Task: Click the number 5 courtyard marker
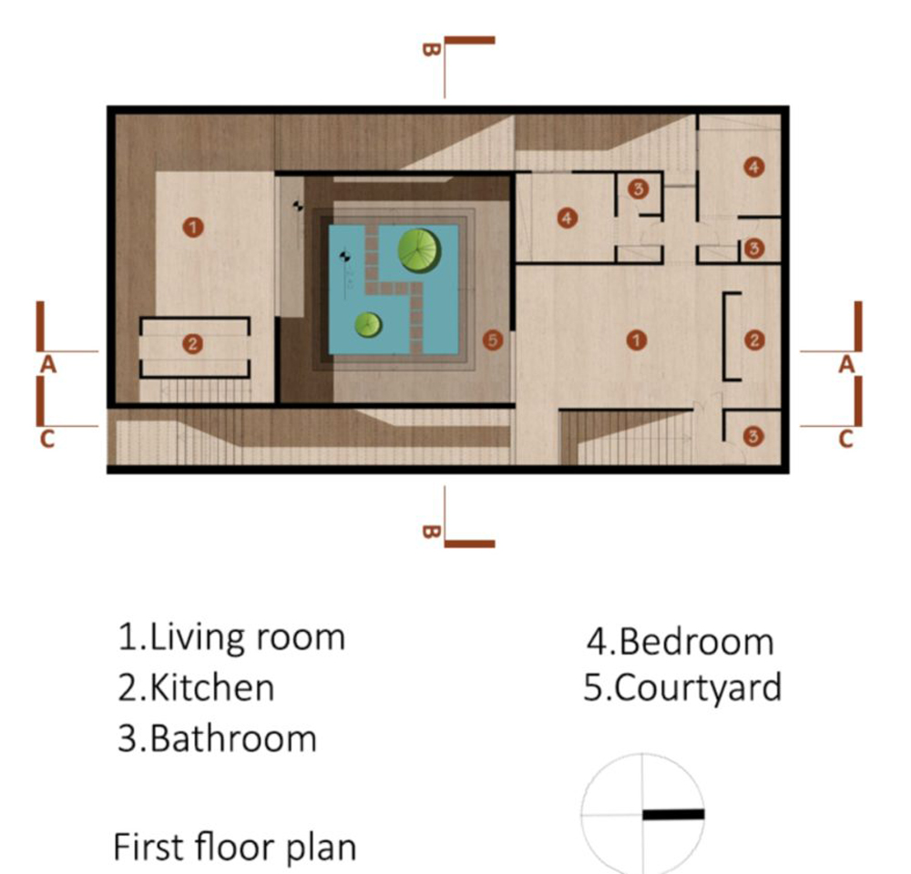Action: (492, 340)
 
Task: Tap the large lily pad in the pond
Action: (418, 249)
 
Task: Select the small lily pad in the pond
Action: (367, 324)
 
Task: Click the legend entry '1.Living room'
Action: (231, 637)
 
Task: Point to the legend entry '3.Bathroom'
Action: (217, 737)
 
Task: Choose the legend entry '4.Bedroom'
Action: (679, 642)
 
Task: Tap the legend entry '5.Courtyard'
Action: (682, 687)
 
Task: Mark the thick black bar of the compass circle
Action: (673, 814)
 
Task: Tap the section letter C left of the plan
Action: (47, 439)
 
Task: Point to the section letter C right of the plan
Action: (845, 439)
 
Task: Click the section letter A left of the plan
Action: (48, 364)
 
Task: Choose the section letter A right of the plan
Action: (846, 364)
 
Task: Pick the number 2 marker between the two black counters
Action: (191, 343)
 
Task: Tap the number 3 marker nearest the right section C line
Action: (753, 437)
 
